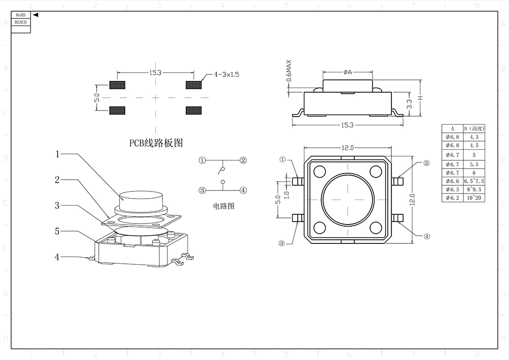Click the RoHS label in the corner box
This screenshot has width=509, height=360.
tap(21, 15)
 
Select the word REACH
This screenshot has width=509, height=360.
tap(21, 22)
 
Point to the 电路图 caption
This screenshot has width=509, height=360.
tap(224, 206)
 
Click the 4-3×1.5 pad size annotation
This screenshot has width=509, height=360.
tap(227, 74)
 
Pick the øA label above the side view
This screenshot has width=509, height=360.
tap(348, 72)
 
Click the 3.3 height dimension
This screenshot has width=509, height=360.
tap(410, 104)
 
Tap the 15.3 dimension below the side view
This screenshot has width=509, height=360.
tap(347, 125)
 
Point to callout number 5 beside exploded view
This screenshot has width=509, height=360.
tap(58, 231)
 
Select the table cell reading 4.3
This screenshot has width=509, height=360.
tap(474, 137)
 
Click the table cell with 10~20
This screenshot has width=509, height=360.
tap(474, 198)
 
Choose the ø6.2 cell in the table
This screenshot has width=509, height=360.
tap(452, 198)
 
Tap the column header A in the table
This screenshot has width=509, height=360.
tap(452, 128)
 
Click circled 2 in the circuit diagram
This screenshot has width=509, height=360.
tap(243, 160)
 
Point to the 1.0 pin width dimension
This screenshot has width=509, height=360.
tap(286, 194)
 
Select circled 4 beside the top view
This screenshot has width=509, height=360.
tap(427, 236)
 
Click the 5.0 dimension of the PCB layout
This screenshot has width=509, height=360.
tap(97, 97)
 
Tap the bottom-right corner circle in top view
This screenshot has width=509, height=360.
tap(376, 228)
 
